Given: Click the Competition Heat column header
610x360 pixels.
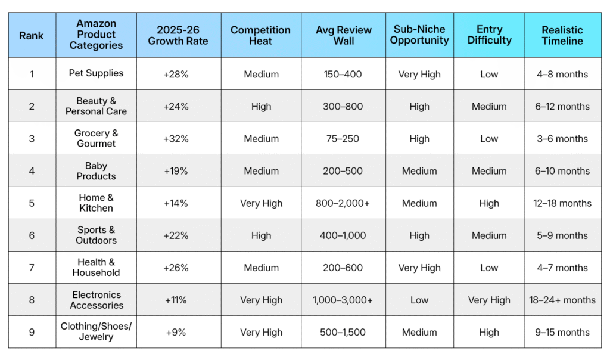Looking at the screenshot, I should tap(260, 35).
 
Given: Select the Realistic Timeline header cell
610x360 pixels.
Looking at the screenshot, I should tap(562, 35).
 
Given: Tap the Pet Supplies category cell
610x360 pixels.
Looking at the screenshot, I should tap(96, 73).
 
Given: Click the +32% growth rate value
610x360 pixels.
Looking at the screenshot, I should tap(176, 139).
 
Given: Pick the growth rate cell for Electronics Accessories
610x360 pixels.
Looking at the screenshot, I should tap(176, 300).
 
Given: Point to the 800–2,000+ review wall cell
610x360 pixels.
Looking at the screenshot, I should tap(343, 203).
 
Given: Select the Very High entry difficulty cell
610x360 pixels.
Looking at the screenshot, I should tap(489, 300).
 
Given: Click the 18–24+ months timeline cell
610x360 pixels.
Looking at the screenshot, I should tap(562, 300).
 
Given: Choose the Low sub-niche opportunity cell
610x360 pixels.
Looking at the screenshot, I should tap(419, 300).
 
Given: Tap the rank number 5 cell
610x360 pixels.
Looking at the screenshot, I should tap(32, 203).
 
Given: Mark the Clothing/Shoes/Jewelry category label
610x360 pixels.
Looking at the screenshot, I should tap(96, 331).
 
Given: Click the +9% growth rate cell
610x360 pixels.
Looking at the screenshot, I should tap(176, 332).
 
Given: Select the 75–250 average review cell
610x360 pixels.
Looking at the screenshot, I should tap(343, 139).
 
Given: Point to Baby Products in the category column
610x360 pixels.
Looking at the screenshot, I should tap(96, 171).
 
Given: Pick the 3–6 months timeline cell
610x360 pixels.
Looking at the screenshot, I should tap(562, 139).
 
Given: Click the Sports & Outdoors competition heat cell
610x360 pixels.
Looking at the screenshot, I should tap(261, 235).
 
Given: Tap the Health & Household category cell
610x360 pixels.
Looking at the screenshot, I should tap(96, 267).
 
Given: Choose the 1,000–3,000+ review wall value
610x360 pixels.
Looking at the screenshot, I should tap(343, 300).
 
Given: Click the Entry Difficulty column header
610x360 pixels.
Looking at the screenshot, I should tap(489, 35).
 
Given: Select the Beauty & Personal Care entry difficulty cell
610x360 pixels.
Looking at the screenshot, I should tap(489, 107).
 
